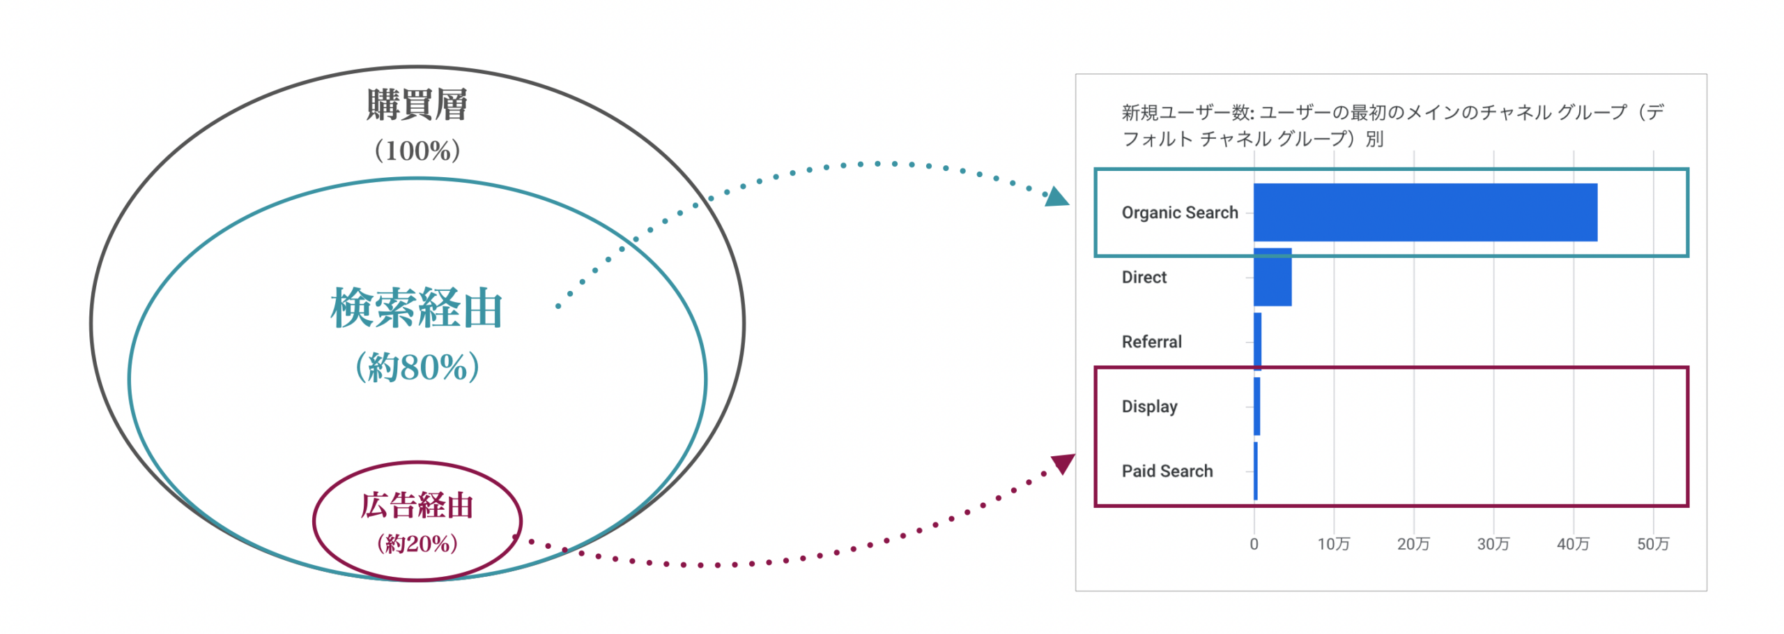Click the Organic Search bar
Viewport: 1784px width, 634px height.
1425,212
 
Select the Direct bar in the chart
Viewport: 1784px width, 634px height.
1272,277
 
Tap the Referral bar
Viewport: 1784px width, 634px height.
1257,341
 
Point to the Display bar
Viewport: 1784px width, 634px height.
1256,406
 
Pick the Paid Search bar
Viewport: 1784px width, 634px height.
1256,471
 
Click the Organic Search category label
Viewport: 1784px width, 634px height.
1180,213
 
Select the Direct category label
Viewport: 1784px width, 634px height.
1144,277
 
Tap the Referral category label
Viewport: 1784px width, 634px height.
1151,342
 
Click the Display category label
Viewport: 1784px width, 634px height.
1149,407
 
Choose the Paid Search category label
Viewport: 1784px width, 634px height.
1167,471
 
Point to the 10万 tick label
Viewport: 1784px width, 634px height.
1333,544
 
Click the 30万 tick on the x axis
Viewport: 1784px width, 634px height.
1493,544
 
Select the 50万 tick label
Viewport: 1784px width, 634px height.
1653,544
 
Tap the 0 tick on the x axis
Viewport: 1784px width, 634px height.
1254,544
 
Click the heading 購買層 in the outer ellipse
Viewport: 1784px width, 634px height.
417,105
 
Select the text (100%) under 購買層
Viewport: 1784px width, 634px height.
417,151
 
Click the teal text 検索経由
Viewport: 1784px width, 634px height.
417,308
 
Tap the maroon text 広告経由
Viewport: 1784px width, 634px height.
417,506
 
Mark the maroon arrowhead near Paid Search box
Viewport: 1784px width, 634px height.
1063,463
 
